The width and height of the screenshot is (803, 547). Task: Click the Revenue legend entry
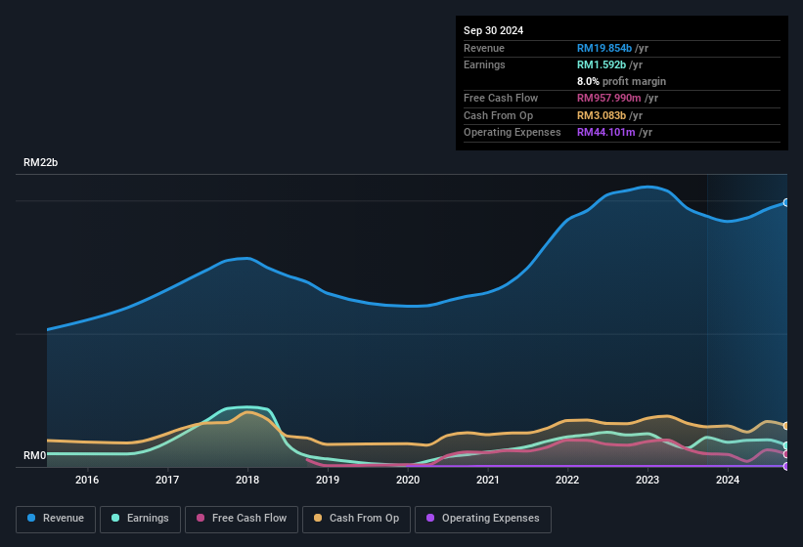[57, 519]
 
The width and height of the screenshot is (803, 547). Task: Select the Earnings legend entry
[140, 519]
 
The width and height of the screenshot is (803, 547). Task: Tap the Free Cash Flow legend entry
[243, 519]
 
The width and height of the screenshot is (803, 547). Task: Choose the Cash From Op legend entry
[355, 519]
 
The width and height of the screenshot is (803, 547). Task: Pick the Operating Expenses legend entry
[482, 519]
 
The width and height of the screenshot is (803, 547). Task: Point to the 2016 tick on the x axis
[87, 480]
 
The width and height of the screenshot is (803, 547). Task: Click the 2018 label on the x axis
[247, 480]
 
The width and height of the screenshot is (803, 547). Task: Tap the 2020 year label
[408, 480]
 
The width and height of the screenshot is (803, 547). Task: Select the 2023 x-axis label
[647, 480]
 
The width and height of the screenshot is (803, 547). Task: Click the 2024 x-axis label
[728, 480]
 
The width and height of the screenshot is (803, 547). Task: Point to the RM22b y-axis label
[41, 163]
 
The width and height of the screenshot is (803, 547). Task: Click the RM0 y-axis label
[35, 456]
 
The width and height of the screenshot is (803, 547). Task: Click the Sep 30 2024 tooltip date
[493, 30]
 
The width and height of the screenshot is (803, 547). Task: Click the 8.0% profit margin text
[621, 82]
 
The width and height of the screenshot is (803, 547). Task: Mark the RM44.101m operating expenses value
[614, 133]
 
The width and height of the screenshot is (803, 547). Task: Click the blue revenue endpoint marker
[786, 202]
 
